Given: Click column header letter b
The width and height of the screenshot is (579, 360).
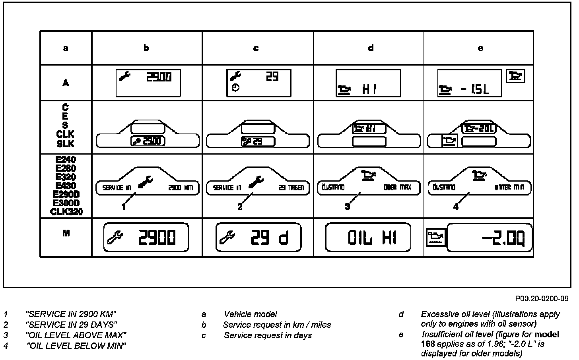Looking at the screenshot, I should click(147, 48).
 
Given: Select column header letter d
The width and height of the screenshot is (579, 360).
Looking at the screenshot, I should click(371, 48).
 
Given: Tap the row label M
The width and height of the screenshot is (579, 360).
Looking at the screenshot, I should click(66, 233).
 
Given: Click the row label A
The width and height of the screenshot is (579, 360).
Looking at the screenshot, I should click(66, 83).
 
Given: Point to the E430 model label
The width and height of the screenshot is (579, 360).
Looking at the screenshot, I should click(66, 186).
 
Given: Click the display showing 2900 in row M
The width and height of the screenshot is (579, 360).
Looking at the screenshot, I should click(146, 238).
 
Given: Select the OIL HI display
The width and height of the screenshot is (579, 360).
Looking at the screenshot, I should click(368, 238).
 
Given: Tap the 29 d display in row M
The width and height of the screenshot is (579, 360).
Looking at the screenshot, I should click(258, 238).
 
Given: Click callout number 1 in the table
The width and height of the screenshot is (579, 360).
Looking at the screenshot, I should click(124, 207).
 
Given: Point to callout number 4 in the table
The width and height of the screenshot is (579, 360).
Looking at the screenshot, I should click(456, 207).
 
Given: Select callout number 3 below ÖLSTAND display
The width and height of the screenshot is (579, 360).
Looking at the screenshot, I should click(348, 207).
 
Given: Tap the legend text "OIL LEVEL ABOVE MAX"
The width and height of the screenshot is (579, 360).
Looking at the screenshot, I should click(76, 335).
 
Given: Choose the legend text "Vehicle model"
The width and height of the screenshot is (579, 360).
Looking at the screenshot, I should click(251, 314).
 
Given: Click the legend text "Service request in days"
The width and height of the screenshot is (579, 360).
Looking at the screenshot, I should click(268, 335).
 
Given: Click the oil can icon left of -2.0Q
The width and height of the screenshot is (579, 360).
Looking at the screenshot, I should click(436, 238).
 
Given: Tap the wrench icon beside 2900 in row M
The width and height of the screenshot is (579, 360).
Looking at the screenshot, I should click(116, 238).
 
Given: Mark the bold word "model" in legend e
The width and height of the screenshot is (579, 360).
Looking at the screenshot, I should click(547, 335).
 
